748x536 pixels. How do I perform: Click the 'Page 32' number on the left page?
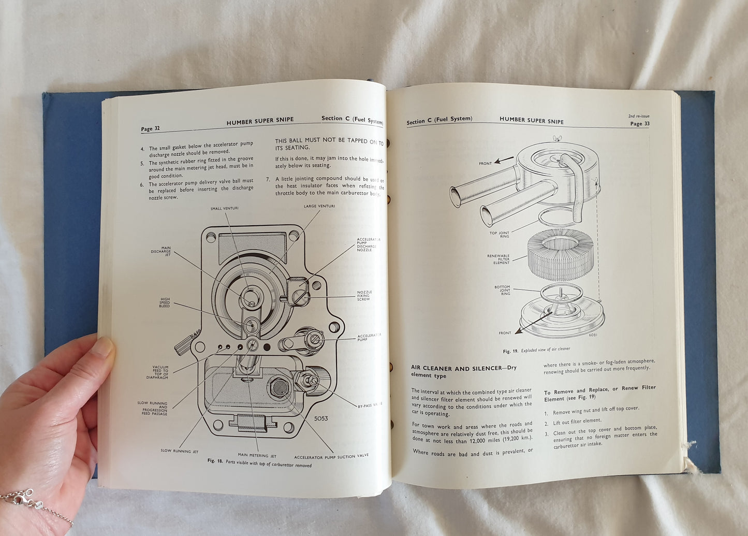click(x=150, y=128)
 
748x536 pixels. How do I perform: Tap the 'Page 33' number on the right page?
click(x=639, y=124)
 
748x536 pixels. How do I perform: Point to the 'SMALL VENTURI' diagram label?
click(x=224, y=208)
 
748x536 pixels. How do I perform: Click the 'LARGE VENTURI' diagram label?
click(x=319, y=206)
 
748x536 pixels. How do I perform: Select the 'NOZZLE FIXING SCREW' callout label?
click(x=364, y=296)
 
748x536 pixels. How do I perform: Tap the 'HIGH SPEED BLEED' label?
click(x=165, y=302)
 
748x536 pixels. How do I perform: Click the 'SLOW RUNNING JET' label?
click(x=179, y=451)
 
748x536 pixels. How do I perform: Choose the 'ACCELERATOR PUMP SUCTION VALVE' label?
click(x=331, y=456)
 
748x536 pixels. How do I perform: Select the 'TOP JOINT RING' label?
click(x=500, y=235)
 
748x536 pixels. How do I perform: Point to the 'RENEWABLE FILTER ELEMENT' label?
click(x=498, y=259)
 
